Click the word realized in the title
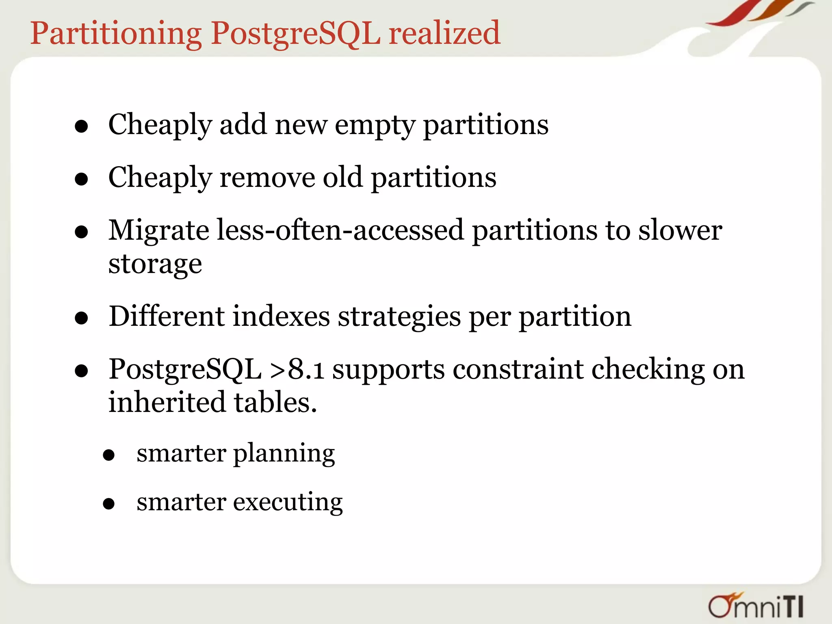point(444,33)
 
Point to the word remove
point(267,178)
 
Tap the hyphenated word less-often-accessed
point(340,230)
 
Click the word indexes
point(281,316)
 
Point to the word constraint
point(518,369)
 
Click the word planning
point(284,454)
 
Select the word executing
point(288,503)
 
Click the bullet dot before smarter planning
point(108,455)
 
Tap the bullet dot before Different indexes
point(82,318)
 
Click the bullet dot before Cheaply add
point(82,126)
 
